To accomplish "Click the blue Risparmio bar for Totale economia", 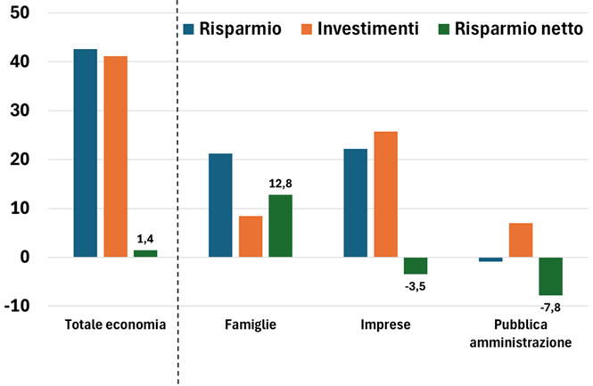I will (86, 152).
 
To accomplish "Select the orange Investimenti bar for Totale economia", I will (115, 156).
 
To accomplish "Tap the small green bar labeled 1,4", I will (145, 253).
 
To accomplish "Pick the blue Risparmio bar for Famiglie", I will (220, 205).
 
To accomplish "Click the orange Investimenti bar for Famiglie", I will (251, 236).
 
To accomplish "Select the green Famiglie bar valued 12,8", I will (280, 226).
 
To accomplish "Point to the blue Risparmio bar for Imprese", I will (356, 202).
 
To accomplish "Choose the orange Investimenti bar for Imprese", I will (385, 194).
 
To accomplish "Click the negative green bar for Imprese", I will (416, 266).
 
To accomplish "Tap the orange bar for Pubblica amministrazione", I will (521, 240).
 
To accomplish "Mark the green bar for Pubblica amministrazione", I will (550, 276).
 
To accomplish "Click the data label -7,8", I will (550, 308).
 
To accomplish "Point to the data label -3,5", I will (416, 286).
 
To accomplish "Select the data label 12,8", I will (280, 183).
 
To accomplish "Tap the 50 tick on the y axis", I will (19, 13).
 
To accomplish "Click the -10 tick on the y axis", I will (17, 306).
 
